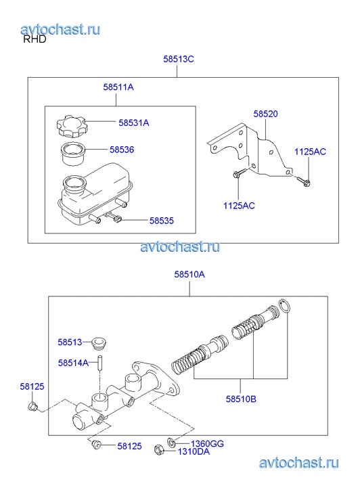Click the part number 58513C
pos(178,59)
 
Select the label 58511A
pos(118,87)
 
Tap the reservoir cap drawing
pos(71,126)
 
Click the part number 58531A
pos(134,122)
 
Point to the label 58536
pos(122,150)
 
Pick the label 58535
pos(161,221)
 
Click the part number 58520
pos(265,114)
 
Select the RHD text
pos(35,39)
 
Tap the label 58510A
pos(189,274)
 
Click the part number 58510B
pos(241,399)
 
